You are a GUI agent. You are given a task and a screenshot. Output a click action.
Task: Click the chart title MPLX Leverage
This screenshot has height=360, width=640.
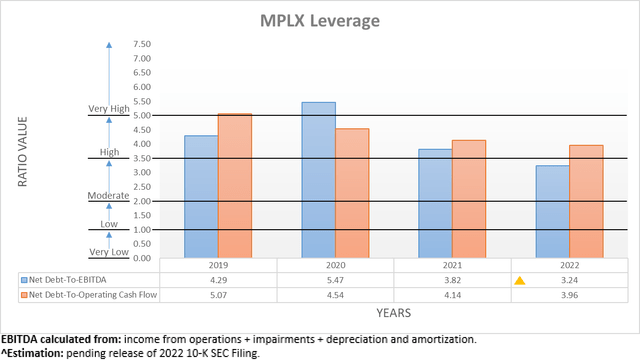[x=321, y=21]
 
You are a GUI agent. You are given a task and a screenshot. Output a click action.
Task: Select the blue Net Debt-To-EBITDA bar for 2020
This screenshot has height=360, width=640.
[x=319, y=180]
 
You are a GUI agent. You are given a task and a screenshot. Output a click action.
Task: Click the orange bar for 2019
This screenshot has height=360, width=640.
[x=235, y=186]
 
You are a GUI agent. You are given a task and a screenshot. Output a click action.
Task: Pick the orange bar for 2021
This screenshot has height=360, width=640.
[x=469, y=199]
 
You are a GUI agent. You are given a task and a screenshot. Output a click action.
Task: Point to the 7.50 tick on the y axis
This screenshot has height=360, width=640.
[x=141, y=45]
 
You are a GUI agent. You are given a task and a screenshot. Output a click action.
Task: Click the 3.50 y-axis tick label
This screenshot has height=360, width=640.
[x=141, y=159]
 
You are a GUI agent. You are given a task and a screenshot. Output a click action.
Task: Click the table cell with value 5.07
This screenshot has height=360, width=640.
[x=218, y=296]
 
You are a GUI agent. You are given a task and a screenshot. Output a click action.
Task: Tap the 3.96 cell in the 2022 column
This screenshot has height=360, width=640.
[x=569, y=296]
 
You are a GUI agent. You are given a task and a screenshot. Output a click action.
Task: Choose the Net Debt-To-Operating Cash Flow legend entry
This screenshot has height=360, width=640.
[x=89, y=296]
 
